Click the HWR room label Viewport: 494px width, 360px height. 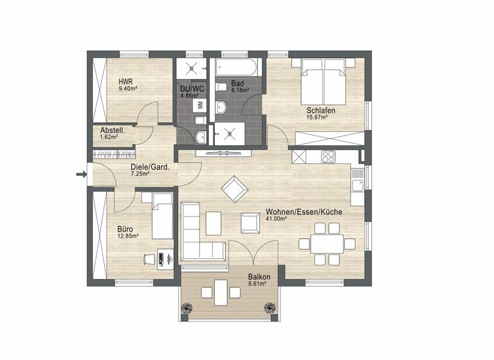(125, 82)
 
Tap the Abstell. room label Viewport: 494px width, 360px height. (112, 130)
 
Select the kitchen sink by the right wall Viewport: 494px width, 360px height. (358, 176)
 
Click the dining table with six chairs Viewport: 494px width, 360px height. (327, 243)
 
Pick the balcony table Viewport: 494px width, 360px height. (221, 292)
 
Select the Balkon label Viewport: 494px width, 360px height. (259, 278)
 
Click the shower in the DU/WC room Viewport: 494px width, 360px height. (192, 68)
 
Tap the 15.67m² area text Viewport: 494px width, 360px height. (317, 117)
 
